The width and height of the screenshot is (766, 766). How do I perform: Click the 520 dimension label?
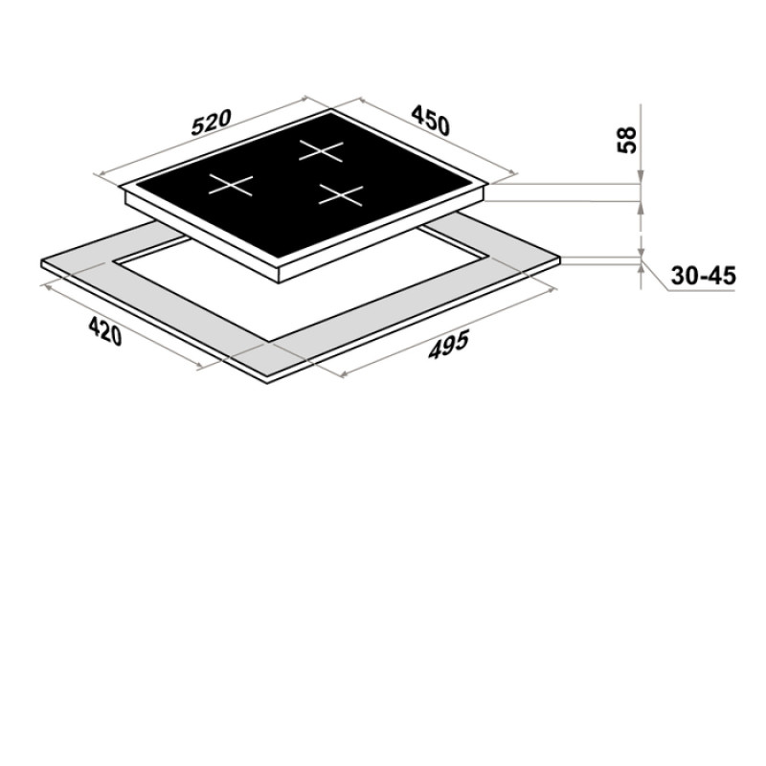pos(210,123)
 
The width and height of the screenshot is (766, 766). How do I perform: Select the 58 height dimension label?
pos(627,140)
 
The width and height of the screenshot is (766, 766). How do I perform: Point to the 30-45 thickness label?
pos(703,276)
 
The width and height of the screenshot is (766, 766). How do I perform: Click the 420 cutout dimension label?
pos(104,330)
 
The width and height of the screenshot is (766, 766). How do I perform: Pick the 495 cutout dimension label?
pos(448,345)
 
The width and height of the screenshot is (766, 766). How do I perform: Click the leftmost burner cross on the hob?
pos(231,185)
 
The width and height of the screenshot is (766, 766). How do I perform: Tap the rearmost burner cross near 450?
pos(322,150)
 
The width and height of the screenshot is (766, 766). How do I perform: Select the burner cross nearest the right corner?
pos(342,195)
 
